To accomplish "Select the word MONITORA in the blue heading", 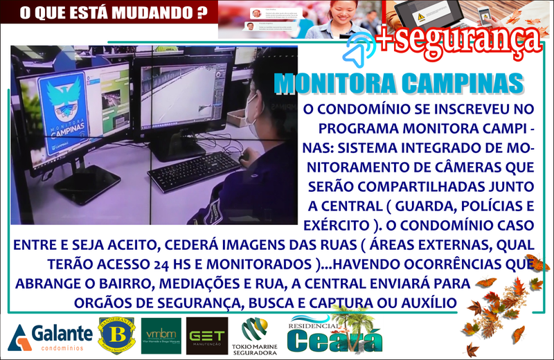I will tap(333, 83).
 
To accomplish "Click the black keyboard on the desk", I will tap(195, 171).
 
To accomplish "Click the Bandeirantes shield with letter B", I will tap(116, 335).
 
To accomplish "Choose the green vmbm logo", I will tap(161, 336).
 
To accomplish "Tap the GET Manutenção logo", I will tap(208, 336).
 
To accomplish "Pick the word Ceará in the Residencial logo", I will tap(334, 340).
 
